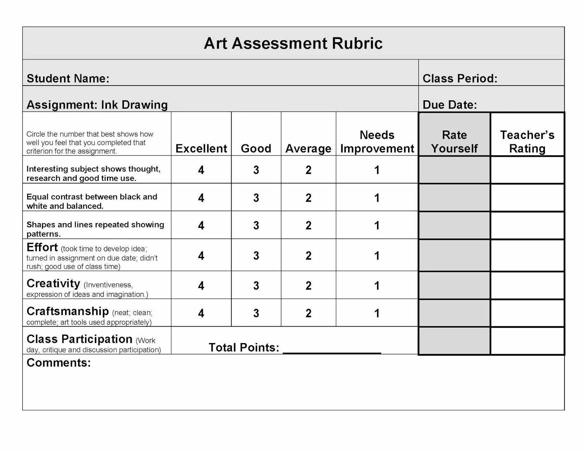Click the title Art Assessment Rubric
pos(293,43)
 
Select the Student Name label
pos(68,78)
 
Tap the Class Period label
pos(460,78)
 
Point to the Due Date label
pos(449,105)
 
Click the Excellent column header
pos(201,148)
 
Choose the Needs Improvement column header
pos(377,142)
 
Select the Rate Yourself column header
pos(454,142)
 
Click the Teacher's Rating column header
pos(527,142)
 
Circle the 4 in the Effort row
pos(201,256)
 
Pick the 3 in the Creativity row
pos(256,285)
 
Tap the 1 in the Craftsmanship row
pos(377,313)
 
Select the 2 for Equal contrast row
pos(308,198)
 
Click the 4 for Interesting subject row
pos(201,170)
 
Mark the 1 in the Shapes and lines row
pos(377,225)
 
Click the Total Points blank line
pos(332,349)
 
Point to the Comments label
pos(58,363)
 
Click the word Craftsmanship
pos(68,311)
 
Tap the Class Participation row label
pos(79,339)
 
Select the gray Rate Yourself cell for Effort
pos(454,255)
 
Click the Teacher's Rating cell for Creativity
pos(527,285)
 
